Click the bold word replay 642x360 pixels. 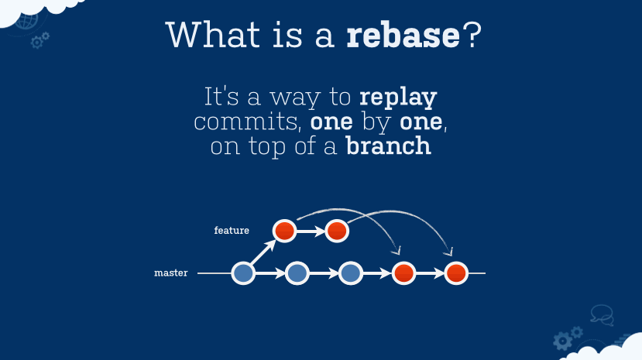pos(398,99)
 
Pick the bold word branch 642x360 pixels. pos(388,146)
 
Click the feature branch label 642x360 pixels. pos(232,231)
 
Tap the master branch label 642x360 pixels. pos(171,273)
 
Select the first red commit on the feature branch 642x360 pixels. pos(284,230)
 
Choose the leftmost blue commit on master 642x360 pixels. pos(243,273)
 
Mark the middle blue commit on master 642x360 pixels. pos(297,273)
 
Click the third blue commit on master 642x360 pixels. pos(351,273)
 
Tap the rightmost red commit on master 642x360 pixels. pos(457,273)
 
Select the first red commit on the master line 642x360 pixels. pos(404,273)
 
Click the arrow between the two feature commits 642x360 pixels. pos(310,230)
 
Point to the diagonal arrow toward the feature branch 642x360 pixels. pos(263,252)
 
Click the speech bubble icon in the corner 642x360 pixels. pos(602,314)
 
